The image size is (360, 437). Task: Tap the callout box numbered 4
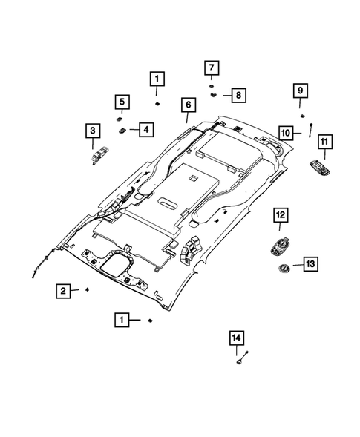tap(144, 130)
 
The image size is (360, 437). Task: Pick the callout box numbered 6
tap(186, 104)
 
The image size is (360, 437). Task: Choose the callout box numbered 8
tap(237, 95)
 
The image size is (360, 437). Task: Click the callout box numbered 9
tap(301, 91)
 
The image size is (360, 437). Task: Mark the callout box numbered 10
tap(286, 133)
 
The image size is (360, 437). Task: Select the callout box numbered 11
tap(324, 141)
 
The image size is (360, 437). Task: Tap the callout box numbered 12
tap(279, 214)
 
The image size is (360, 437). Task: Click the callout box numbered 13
tap(310, 263)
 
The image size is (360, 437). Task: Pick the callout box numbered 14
tap(236, 338)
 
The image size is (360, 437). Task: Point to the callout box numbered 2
tap(65, 291)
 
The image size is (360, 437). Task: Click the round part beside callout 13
tap(284, 268)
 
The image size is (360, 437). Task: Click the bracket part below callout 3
tap(97, 155)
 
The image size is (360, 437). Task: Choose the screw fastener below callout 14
tap(240, 361)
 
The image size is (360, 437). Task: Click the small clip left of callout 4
tap(121, 129)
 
